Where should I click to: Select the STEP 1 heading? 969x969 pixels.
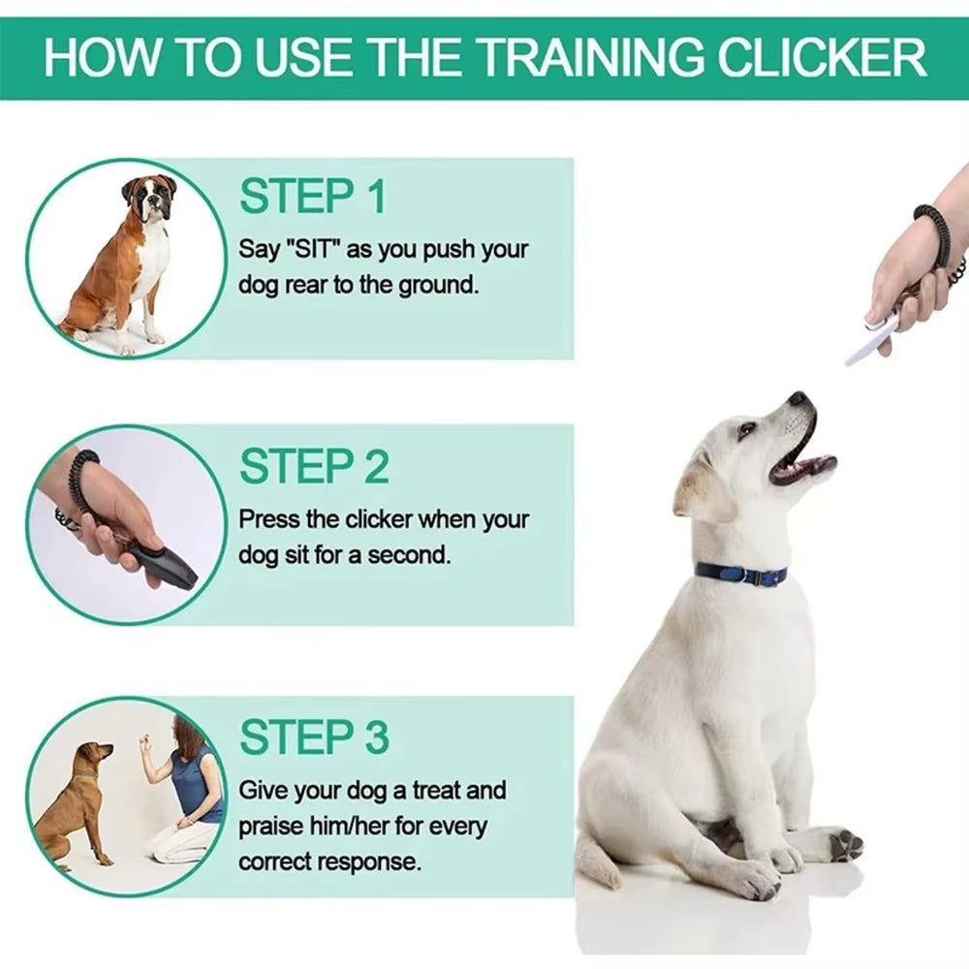pos(312,197)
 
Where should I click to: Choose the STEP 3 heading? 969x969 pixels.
pos(314,737)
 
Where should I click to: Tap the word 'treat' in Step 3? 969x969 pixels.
pos(438,791)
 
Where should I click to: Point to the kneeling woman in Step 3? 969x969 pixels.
pos(189,795)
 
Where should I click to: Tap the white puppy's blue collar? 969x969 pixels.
pos(741,574)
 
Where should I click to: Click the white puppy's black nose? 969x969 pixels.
pos(797,399)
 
